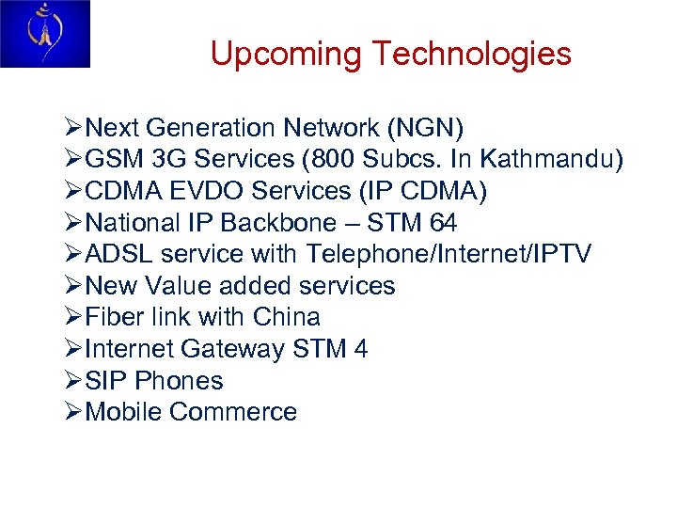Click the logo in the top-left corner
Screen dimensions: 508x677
45,34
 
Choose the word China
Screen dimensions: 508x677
287,318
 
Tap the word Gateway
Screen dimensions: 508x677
232,349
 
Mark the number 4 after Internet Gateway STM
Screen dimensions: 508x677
361,349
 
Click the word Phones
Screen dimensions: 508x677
180,381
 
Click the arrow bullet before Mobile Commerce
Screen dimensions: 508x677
73,412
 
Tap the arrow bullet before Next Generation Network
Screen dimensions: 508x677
73,128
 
